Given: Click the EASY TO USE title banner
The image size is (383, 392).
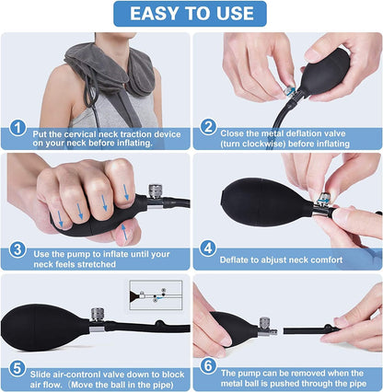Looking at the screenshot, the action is click(x=190, y=14).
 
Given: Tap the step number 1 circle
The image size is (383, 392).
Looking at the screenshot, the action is click(x=17, y=128).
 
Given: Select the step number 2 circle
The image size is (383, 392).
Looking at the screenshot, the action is click(x=208, y=127).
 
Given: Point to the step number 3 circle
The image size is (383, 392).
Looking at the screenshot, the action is click(x=17, y=249).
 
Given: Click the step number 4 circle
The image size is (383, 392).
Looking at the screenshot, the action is click(x=208, y=248).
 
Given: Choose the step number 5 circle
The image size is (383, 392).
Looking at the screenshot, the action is click(x=17, y=368).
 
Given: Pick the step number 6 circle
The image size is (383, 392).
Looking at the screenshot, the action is click(x=208, y=366).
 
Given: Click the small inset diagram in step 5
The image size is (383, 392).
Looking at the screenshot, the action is click(x=156, y=295).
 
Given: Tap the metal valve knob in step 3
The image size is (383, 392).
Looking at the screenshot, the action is click(x=156, y=191).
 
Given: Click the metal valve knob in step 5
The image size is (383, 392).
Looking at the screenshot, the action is click(x=98, y=315).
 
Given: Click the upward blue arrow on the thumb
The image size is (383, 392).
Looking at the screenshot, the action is click(x=124, y=232).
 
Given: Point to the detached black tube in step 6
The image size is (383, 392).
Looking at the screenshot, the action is click(x=311, y=330).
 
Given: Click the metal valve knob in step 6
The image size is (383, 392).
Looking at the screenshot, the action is click(x=264, y=323).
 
